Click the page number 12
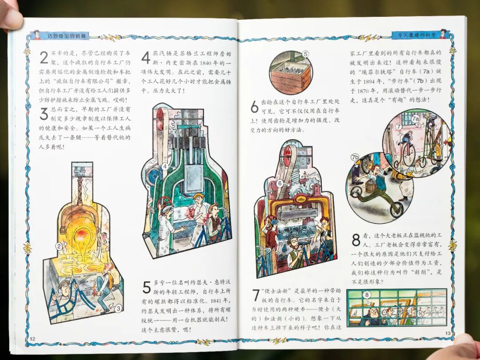pos(32,339)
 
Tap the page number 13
pos(448,333)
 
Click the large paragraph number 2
pos(44,57)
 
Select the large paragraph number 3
pos(44,114)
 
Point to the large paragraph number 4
pos(146,57)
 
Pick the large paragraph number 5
pos(147,287)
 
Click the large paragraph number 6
pos(255,107)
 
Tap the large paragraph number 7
pos(256,295)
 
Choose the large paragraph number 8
pos(356,240)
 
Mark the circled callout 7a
pos(416,119)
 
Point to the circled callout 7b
pos(355,158)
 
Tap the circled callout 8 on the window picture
pos(367,295)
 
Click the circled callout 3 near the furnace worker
pos(118,308)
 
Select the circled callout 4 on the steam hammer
pos(165,166)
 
